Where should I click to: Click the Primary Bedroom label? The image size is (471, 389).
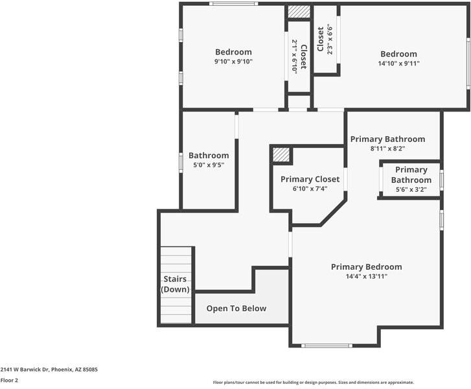tap(366, 267)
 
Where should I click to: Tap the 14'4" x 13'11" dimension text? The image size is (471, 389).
tap(367, 277)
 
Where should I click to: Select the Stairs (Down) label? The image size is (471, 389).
tap(175, 284)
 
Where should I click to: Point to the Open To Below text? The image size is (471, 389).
tap(236, 309)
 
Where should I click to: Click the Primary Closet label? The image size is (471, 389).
tap(310, 180)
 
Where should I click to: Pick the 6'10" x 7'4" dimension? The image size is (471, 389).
tap(310, 189)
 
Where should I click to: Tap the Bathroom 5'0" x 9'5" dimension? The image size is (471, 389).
tap(209, 165)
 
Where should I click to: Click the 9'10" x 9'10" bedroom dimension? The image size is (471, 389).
tap(233, 62)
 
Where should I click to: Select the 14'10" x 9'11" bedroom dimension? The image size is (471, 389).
tap(398, 64)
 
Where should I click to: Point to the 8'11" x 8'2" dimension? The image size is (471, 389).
tap(388, 148)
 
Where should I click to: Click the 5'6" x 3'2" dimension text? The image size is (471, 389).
tap(411, 190)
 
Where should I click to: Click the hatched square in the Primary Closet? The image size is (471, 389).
tap(281, 155)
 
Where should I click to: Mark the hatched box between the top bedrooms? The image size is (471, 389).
tap(299, 12)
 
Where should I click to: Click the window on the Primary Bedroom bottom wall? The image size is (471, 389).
tap(327, 346)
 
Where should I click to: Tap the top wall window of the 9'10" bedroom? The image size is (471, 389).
tap(233, 4)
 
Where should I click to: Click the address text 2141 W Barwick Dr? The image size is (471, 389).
tap(25, 370)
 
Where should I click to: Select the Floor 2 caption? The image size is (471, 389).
tap(9, 381)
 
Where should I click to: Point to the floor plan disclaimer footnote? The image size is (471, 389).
tap(314, 383)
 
